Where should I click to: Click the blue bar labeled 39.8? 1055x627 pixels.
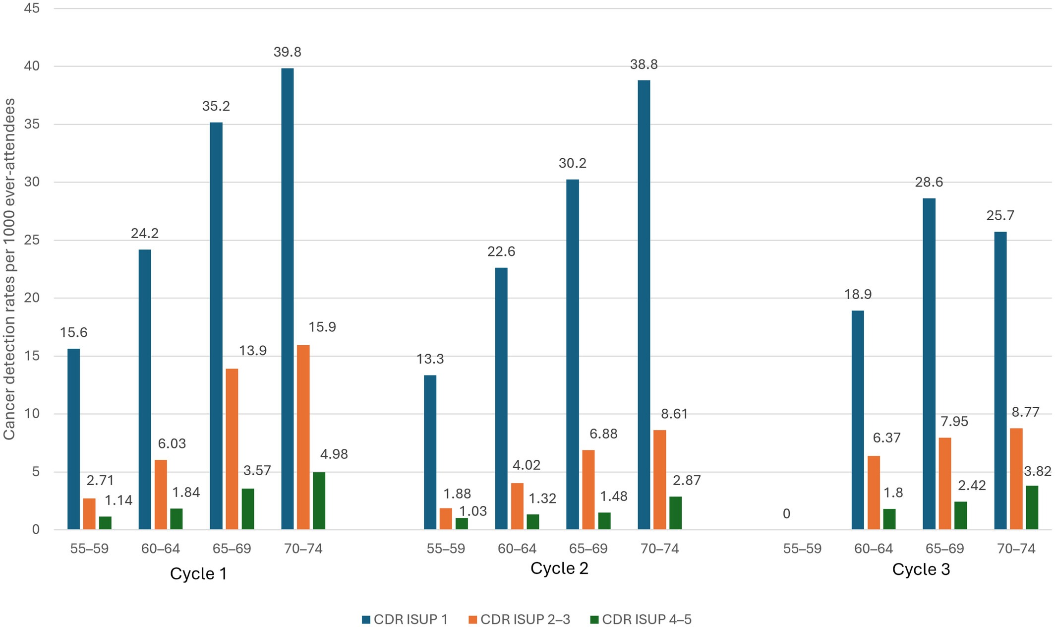[x=288, y=299]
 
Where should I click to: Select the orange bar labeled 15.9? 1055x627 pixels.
[x=303, y=438]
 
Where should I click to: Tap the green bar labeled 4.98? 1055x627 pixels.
[x=319, y=501]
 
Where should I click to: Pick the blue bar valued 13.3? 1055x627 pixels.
[x=430, y=452]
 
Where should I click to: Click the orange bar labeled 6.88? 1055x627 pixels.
[x=588, y=490]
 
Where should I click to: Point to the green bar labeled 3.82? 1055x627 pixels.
[x=1032, y=507]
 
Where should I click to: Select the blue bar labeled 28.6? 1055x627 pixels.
[x=929, y=364]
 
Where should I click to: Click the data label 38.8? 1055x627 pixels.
[x=644, y=64]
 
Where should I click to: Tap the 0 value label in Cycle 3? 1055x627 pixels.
[x=786, y=514]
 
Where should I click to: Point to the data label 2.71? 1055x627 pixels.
[x=100, y=480]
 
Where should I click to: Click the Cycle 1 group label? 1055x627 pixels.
[x=198, y=573]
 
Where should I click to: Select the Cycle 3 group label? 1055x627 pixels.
[x=921, y=569]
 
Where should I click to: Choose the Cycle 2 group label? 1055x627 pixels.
[x=559, y=568]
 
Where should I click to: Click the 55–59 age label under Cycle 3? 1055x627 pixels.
[x=802, y=549]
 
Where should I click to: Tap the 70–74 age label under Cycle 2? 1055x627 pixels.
[x=660, y=549]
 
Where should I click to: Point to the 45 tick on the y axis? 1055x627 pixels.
[x=32, y=8]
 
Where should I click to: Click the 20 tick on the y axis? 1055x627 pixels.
[x=32, y=298]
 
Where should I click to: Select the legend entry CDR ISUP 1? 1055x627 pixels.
[x=405, y=619]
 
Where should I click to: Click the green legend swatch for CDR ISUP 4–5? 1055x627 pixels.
[x=594, y=620]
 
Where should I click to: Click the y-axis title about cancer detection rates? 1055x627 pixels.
[x=9, y=269]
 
